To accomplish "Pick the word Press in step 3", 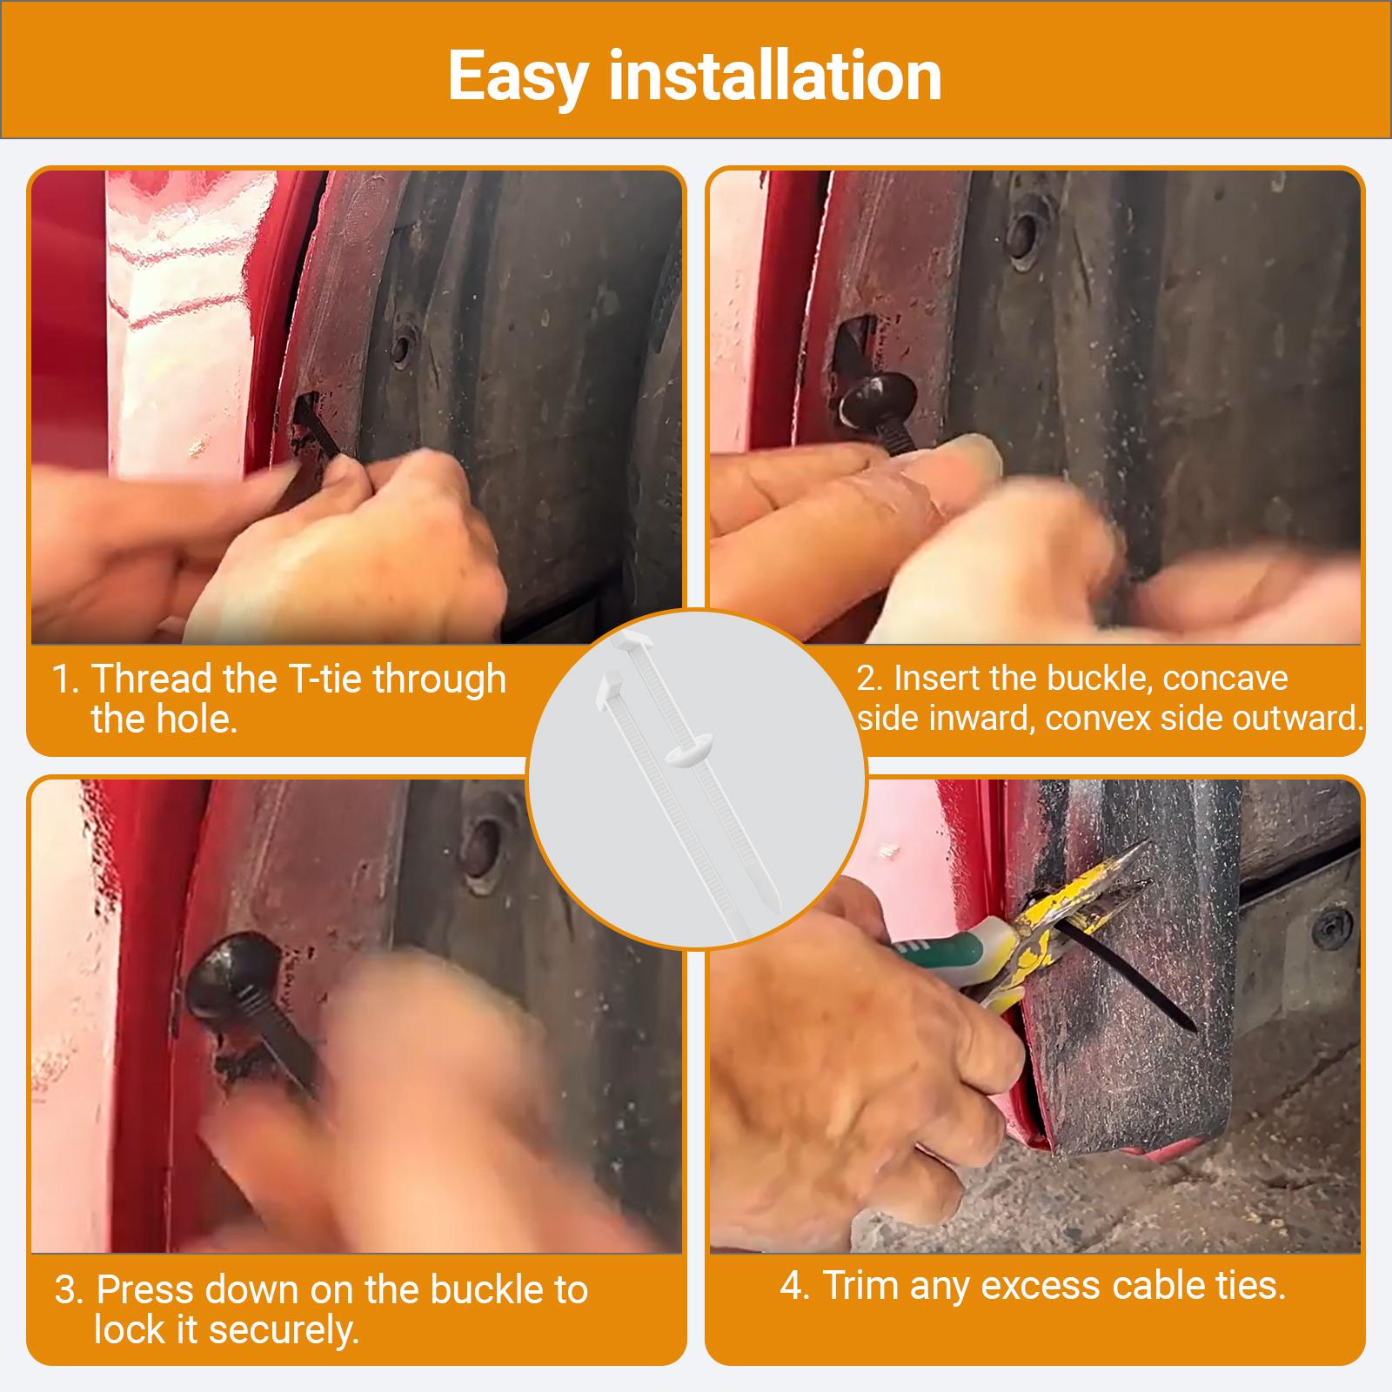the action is point(150,1289).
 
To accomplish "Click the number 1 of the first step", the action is point(64,679).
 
